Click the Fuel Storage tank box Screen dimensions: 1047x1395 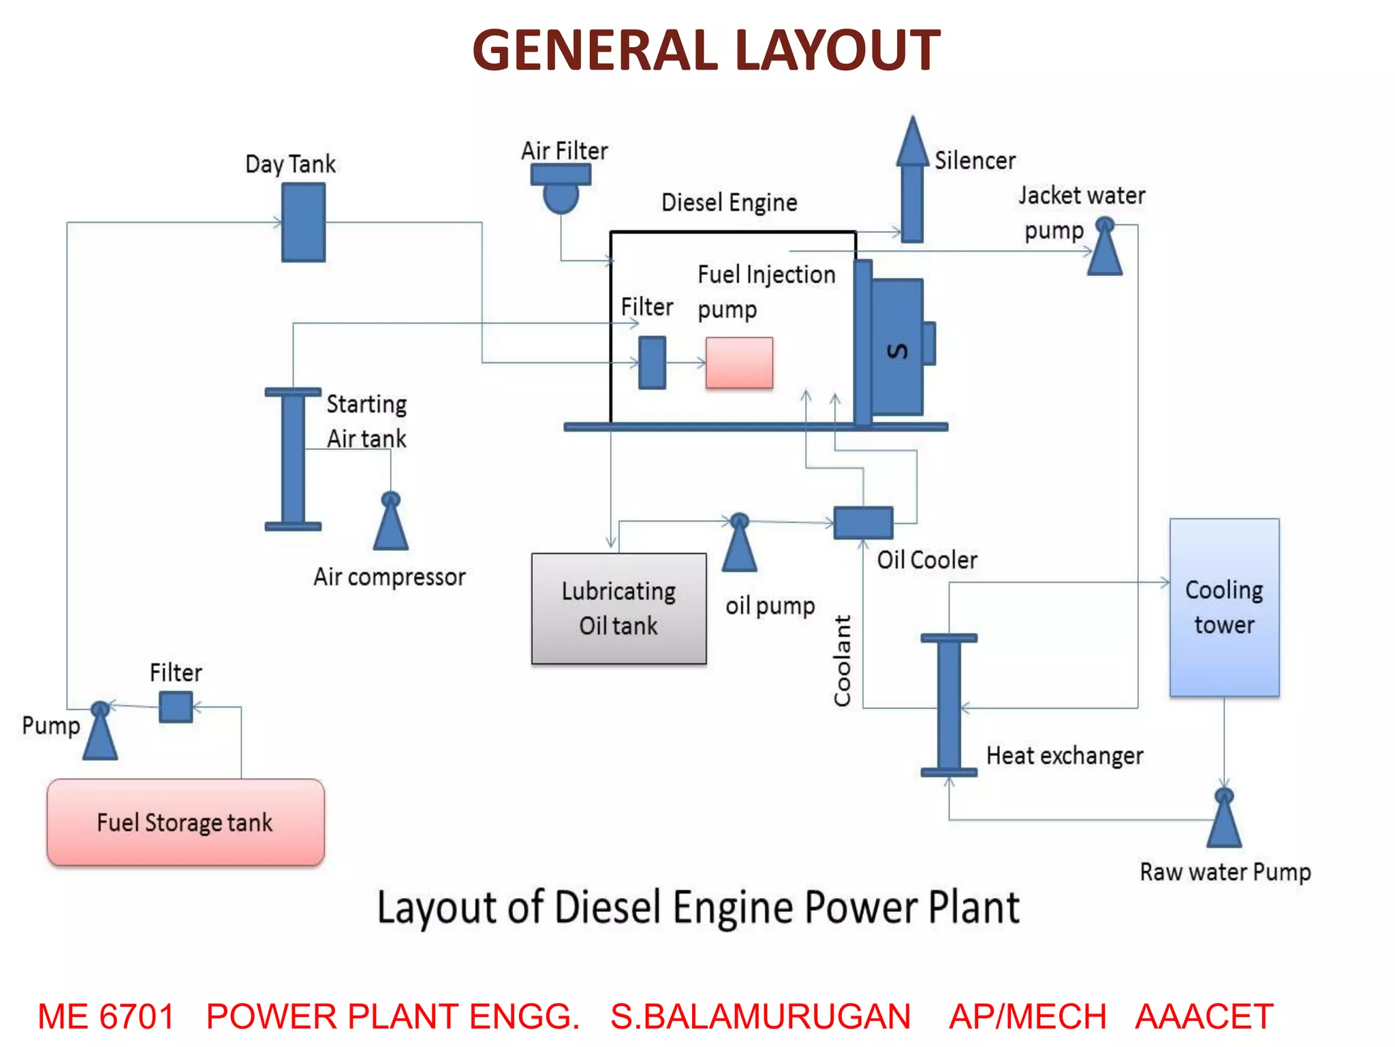point(185,822)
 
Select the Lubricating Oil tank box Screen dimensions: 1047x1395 point(618,608)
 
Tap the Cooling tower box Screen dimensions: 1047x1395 point(1224,607)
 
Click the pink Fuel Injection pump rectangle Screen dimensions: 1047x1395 point(739,363)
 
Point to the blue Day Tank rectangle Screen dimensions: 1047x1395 point(303,222)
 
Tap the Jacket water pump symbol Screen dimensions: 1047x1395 point(1104,249)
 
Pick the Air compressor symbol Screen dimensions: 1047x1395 point(391,524)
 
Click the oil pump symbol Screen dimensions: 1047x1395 point(739,545)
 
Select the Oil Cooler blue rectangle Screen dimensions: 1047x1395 point(863,523)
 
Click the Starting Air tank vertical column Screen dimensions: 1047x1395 point(293,459)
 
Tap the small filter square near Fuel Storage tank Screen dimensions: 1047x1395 point(176,707)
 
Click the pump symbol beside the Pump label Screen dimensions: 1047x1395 point(100,733)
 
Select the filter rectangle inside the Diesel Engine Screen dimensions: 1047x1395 point(652,363)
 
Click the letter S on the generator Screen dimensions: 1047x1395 point(898,350)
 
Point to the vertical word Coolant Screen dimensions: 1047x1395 point(843,660)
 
